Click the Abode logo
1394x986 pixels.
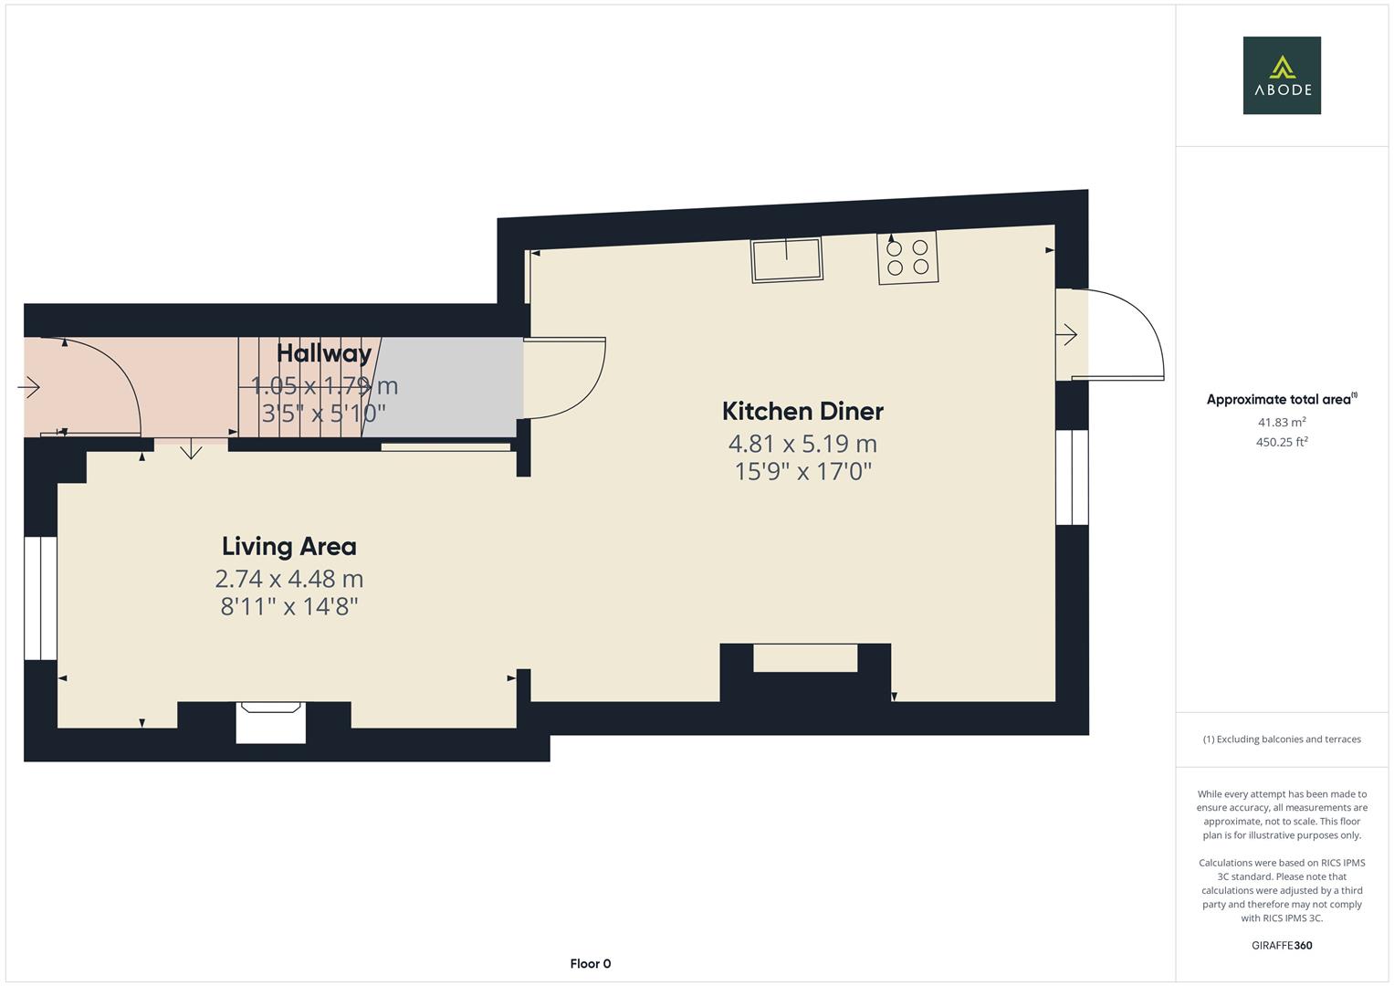[1281, 76]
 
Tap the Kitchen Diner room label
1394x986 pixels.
[802, 411]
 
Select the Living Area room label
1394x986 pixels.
[289, 546]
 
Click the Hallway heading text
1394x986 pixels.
[324, 353]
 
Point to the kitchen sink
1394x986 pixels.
[786, 258]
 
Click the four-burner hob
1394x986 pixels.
[907, 257]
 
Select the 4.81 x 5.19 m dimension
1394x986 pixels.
[802, 444]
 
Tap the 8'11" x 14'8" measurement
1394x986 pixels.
[289, 606]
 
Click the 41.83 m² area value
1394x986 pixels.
[1281, 422]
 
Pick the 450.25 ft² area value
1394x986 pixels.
[1281, 442]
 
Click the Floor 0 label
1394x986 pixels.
[590, 963]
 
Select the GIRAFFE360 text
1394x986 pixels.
[1281, 945]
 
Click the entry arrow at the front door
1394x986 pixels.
[29, 388]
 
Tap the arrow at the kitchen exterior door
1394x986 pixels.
[1066, 335]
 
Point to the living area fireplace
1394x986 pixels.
[270, 721]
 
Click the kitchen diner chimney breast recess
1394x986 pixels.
[805, 658]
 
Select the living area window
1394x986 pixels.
[40, 598]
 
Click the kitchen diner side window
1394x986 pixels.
[1072, 477]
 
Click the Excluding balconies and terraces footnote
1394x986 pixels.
[1281, 739]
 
